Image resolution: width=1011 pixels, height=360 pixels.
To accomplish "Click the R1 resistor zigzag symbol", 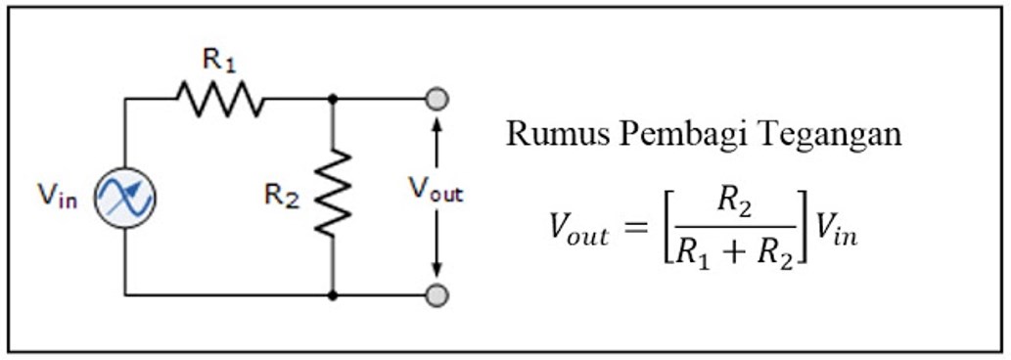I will (220, 99).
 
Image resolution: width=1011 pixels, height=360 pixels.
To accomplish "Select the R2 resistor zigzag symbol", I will (333, 193).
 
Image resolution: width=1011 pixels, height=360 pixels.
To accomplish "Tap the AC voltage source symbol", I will (125, 197).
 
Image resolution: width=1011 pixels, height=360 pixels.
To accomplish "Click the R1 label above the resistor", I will (218, 60).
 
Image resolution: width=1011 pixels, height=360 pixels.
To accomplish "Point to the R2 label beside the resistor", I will (281, 195).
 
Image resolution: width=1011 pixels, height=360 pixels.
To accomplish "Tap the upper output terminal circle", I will (437, 99).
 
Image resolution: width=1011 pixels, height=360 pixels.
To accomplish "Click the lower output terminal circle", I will (437, 293).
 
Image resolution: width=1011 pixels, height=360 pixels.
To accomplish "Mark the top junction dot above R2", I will (333, 99).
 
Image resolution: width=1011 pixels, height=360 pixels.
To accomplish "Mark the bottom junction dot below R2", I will (333, 293).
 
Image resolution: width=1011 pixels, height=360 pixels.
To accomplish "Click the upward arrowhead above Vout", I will (437, 126).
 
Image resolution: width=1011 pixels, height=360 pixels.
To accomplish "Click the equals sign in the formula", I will (637, 232).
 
